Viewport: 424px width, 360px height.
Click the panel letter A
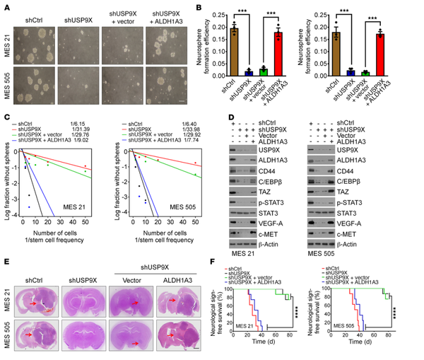(6, 6)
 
